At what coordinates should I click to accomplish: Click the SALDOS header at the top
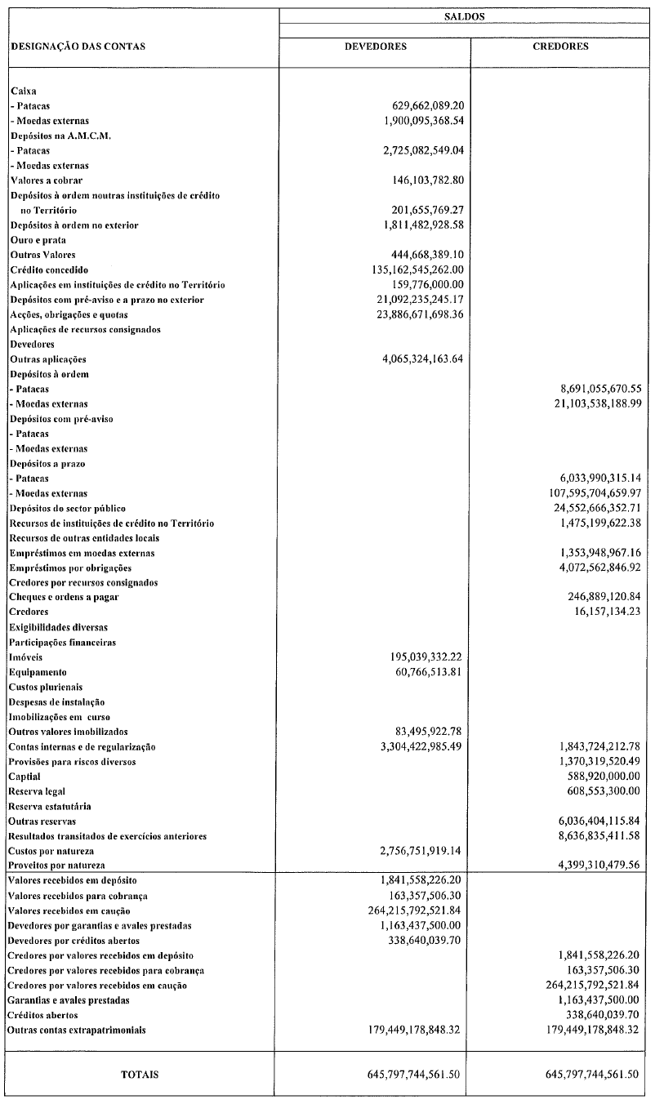[463, 16]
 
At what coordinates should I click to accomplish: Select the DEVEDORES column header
[375, 47]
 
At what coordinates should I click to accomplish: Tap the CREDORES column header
[560, 47]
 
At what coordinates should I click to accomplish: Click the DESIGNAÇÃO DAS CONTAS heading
[78, 47]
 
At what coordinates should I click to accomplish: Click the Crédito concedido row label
[49, 269]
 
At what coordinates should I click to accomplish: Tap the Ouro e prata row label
[38, 240]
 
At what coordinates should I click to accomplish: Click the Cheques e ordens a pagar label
[65, 597]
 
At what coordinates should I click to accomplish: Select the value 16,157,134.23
[601, 612]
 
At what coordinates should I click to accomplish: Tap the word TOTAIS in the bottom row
[140, 1075]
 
